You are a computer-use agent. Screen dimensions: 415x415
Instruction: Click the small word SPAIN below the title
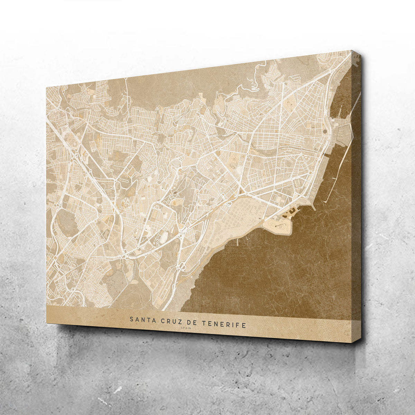coord(186,329)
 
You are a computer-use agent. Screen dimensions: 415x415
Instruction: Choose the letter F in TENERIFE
coord(239,325)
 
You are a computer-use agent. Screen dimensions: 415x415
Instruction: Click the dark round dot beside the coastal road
coord(325,131)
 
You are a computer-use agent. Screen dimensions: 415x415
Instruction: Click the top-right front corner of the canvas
coord(352,51)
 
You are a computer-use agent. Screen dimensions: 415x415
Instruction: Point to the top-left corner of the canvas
coord(46,85)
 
